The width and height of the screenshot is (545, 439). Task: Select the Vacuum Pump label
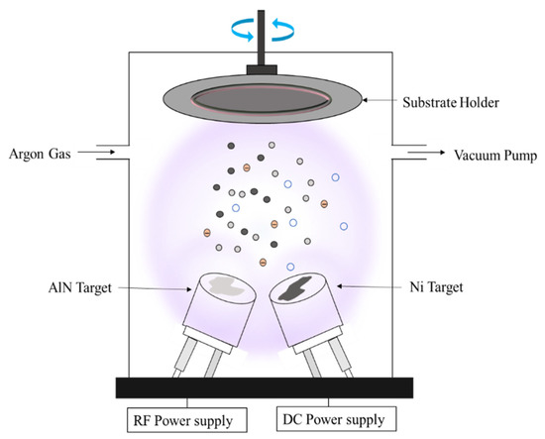[x=496, y=155]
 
